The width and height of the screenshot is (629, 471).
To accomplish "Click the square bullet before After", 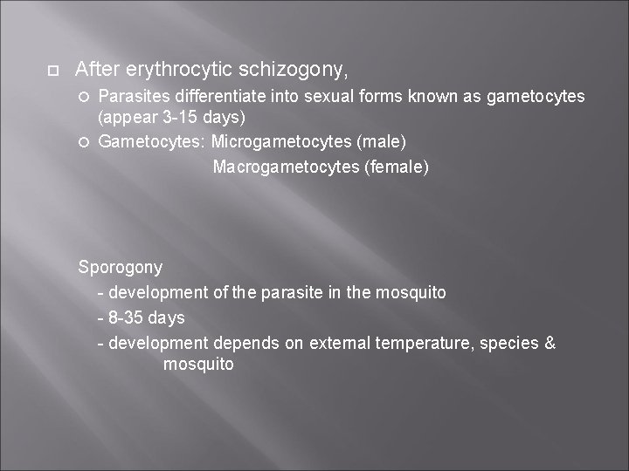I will coord(52,69).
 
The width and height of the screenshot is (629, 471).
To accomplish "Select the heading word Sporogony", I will coord(121,267).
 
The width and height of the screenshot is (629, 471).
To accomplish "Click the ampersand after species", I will coord(549,343).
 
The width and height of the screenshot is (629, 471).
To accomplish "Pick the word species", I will coord(509,343).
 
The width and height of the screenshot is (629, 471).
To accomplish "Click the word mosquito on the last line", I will coord(198,365).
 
